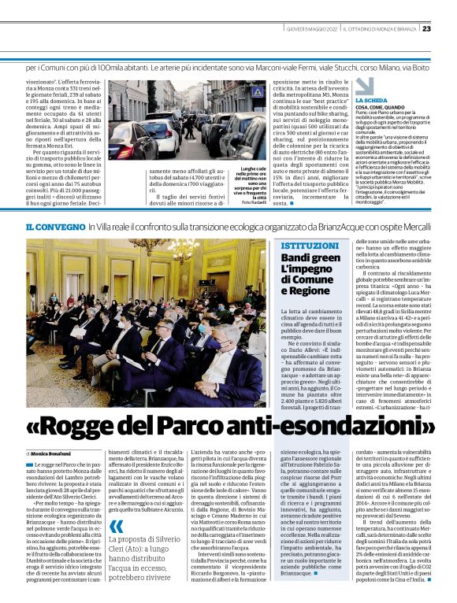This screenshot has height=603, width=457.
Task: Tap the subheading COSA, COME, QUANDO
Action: pyautogui.click(x=385, y=108)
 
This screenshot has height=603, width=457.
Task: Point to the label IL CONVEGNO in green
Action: pyautogui.click(x=55, y=227)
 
